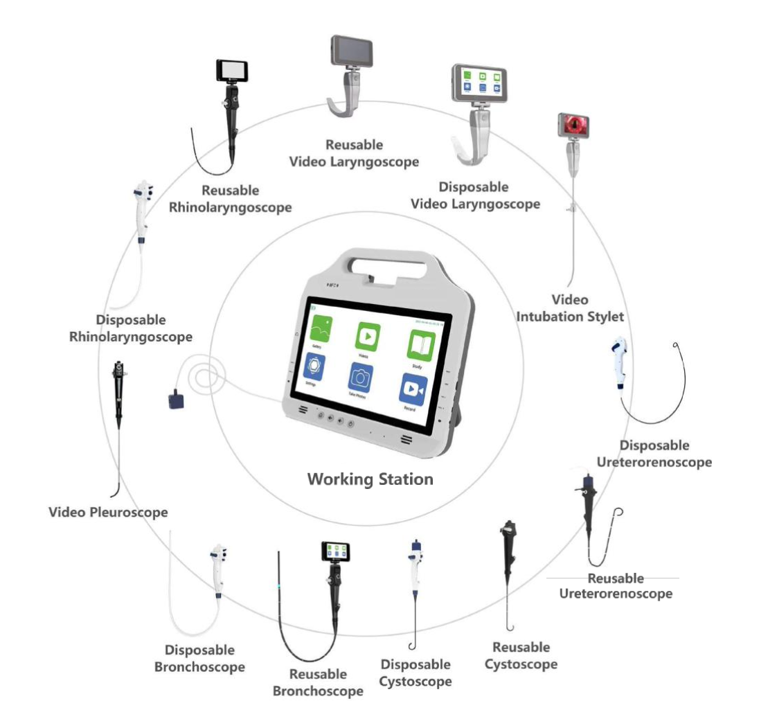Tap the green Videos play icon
368,337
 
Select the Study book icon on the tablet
421,345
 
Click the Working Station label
370,479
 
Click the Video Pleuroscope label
109,513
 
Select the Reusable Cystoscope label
521,656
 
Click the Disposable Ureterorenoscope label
654,454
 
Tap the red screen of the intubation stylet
573,125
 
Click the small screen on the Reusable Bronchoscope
335,552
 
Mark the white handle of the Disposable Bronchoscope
217,571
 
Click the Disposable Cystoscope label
416,673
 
